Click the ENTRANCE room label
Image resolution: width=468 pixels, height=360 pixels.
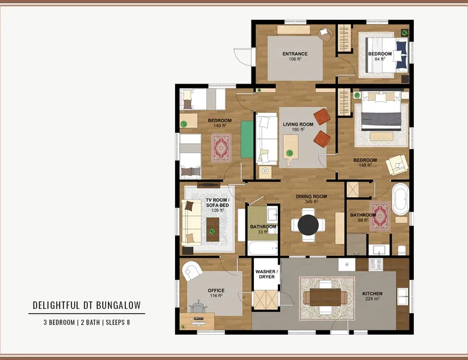[x=295, y=54]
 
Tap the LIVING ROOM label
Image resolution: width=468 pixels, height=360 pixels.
[x=298, y=124]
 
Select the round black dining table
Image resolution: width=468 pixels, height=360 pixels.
[x=309, y=225]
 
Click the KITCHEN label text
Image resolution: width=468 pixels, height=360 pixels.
[x=372, y=293]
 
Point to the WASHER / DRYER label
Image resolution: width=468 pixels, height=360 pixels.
[x=266, y=274]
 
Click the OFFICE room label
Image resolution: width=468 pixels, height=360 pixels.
[x=216, y=290]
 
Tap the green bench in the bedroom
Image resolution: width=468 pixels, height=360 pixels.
[x=247, y=139]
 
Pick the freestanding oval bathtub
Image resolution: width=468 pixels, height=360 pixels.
[x=400, y=200]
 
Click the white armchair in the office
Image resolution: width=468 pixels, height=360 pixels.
[x=191, y=270]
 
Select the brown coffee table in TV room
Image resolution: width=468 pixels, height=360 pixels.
[x=213, y=230]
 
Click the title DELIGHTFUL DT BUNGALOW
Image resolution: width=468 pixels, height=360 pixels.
[x=87, y=305]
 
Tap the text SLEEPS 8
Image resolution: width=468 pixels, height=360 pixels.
[x=117, y=322]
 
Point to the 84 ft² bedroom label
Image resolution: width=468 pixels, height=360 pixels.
[x=380, y=56]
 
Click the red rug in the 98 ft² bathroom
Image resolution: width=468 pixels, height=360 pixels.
[x=380, y=216]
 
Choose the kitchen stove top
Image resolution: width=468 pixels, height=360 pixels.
[x=376, y=264]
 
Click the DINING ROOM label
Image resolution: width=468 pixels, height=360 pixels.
[x=312, y=197]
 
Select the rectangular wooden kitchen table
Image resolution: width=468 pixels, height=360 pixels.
[x=325, y=297]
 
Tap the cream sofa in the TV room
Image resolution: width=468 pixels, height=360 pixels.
[x=191, y=222]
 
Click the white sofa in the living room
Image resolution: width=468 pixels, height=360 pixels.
[x=267, y=139]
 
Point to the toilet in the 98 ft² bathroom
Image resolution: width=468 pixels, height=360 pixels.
[x=402, y=250]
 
